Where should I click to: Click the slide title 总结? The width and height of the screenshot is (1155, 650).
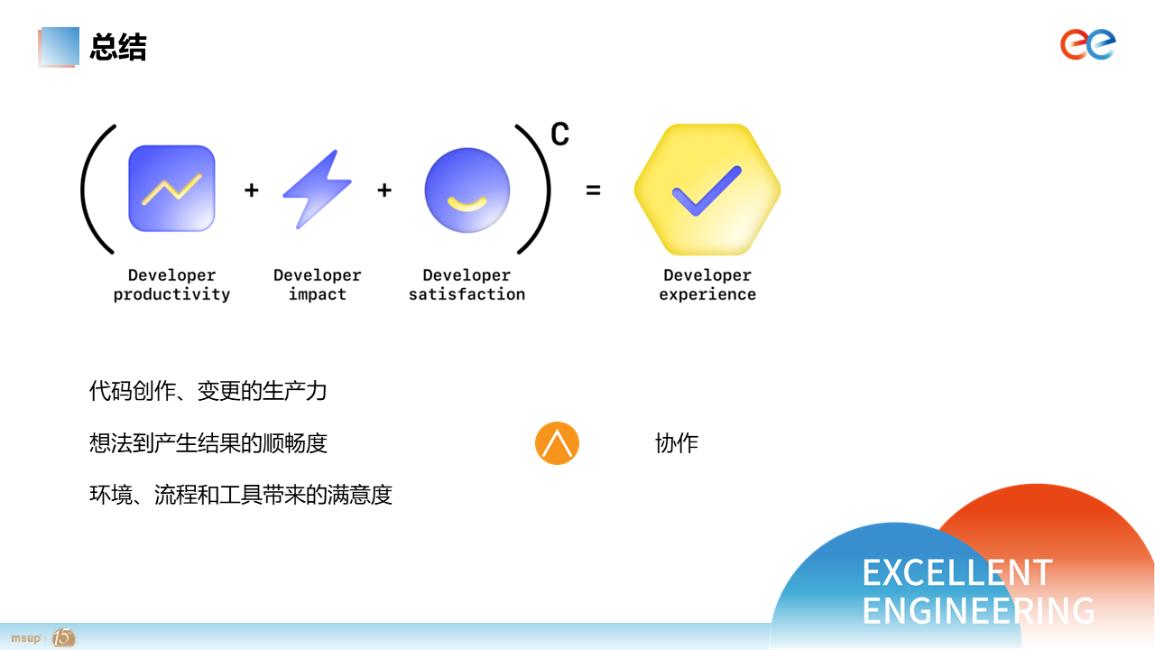118,47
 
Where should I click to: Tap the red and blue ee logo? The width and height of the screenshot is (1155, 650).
1088,44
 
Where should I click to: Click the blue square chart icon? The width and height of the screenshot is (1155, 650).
171,188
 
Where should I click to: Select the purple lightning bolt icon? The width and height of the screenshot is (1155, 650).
317,189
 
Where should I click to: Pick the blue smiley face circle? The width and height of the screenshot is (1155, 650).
467,190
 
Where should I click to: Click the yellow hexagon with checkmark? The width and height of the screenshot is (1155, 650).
707,190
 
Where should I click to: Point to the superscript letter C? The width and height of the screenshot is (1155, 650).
559,135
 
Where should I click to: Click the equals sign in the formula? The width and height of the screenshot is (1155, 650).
593,190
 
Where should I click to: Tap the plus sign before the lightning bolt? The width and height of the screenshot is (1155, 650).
252,190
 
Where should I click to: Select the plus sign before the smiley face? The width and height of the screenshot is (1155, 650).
384,190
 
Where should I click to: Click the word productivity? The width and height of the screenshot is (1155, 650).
171,294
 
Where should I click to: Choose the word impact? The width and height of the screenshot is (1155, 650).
317,294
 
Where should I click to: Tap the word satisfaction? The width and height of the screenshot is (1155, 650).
467,294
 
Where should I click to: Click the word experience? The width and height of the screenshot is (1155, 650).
707,294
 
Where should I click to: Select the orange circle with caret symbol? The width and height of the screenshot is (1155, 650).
557,443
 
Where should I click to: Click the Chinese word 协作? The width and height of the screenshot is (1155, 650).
677,443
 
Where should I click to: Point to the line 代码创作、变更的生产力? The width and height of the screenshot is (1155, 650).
208,391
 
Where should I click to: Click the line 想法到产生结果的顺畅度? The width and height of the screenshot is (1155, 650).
208,443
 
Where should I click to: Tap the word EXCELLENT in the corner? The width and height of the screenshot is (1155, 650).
956,572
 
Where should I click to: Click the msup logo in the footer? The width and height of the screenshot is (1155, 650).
26,638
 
